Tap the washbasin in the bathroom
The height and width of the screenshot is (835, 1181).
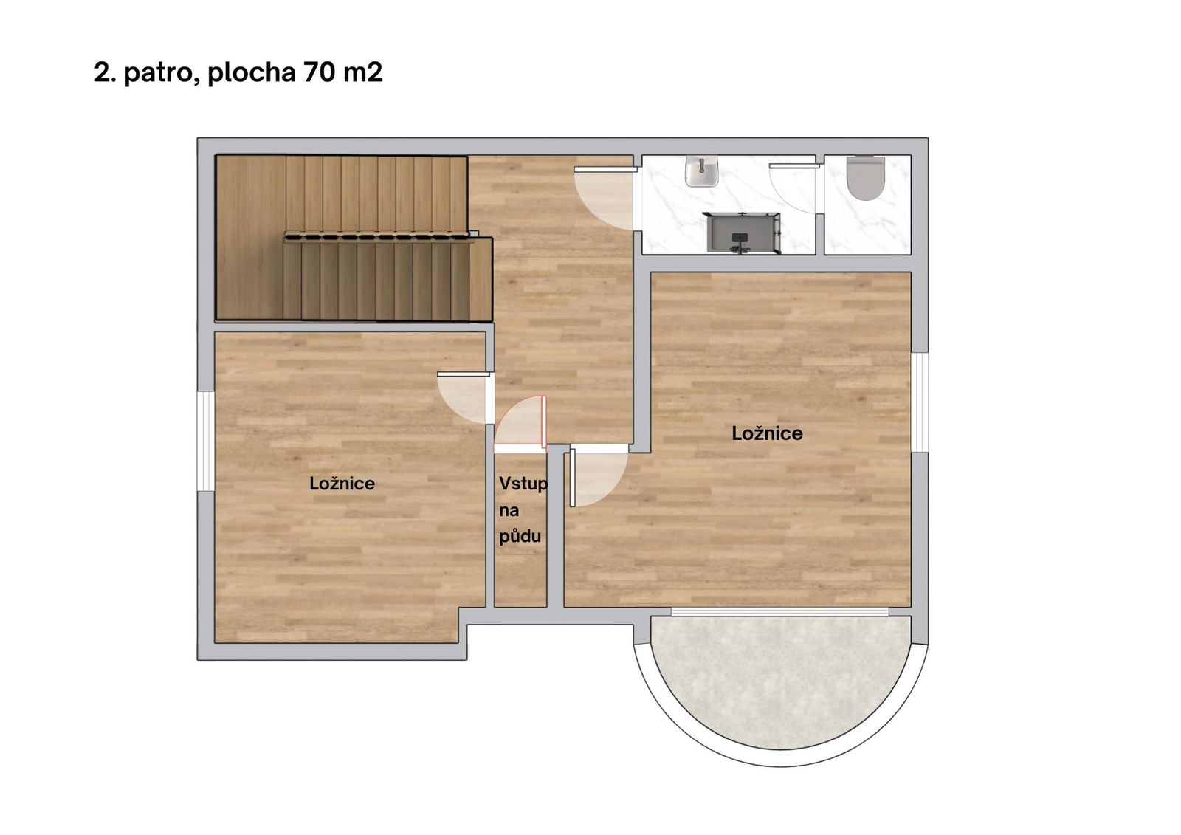point(702,171)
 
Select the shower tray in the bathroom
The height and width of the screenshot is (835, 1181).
point(743,233)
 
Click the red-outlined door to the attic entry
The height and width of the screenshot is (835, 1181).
point(520,425)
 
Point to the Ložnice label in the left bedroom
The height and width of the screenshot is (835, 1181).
point(342,484)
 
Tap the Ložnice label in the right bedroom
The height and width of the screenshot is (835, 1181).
point(767,433)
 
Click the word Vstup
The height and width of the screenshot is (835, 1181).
point(523,484)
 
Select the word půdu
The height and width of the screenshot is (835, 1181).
point(520,537)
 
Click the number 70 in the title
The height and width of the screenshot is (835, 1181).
point(319,72)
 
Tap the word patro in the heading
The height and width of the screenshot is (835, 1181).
point(162,73)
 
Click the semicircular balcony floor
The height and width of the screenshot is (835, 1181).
point(781,681)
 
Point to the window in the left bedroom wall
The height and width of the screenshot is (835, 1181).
point(206,441)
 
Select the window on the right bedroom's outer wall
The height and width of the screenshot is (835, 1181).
point(920,402)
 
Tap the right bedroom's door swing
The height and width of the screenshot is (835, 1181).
point(599,475)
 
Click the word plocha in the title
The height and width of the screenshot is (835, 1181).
point(252,73)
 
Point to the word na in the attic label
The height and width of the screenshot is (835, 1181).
point(509,511)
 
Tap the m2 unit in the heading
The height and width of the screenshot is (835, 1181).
point(362,72)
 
